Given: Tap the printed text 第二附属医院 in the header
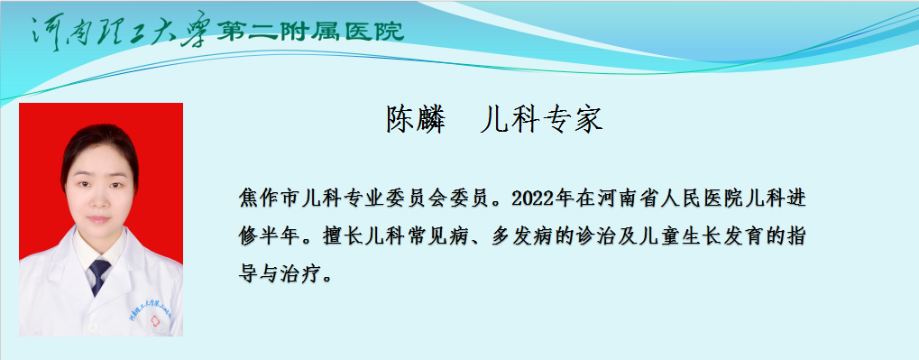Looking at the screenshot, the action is pos(310,31).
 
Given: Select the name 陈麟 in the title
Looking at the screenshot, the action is pos(416,120).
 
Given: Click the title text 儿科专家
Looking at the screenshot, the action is pos(541,120).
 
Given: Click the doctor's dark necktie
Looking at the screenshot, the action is pos(99,276).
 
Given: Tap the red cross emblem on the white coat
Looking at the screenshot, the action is pos(155,320).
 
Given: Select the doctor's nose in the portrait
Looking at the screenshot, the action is pos(99,200).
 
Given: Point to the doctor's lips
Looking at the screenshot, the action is pos(99,219).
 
